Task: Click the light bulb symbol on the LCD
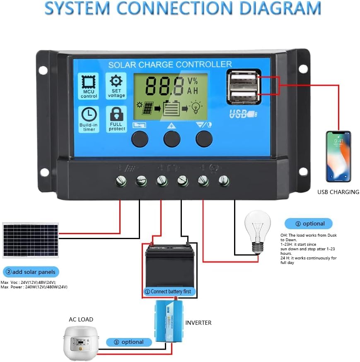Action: point(196,108)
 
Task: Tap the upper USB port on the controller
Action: point(243,79)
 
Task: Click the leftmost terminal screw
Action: point(121,180)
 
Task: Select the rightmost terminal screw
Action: point(224,180)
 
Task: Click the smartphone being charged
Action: point(338,156)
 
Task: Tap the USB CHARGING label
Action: point(338,192)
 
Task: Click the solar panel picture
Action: point(30,240)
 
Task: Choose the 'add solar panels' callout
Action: point(31,272)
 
